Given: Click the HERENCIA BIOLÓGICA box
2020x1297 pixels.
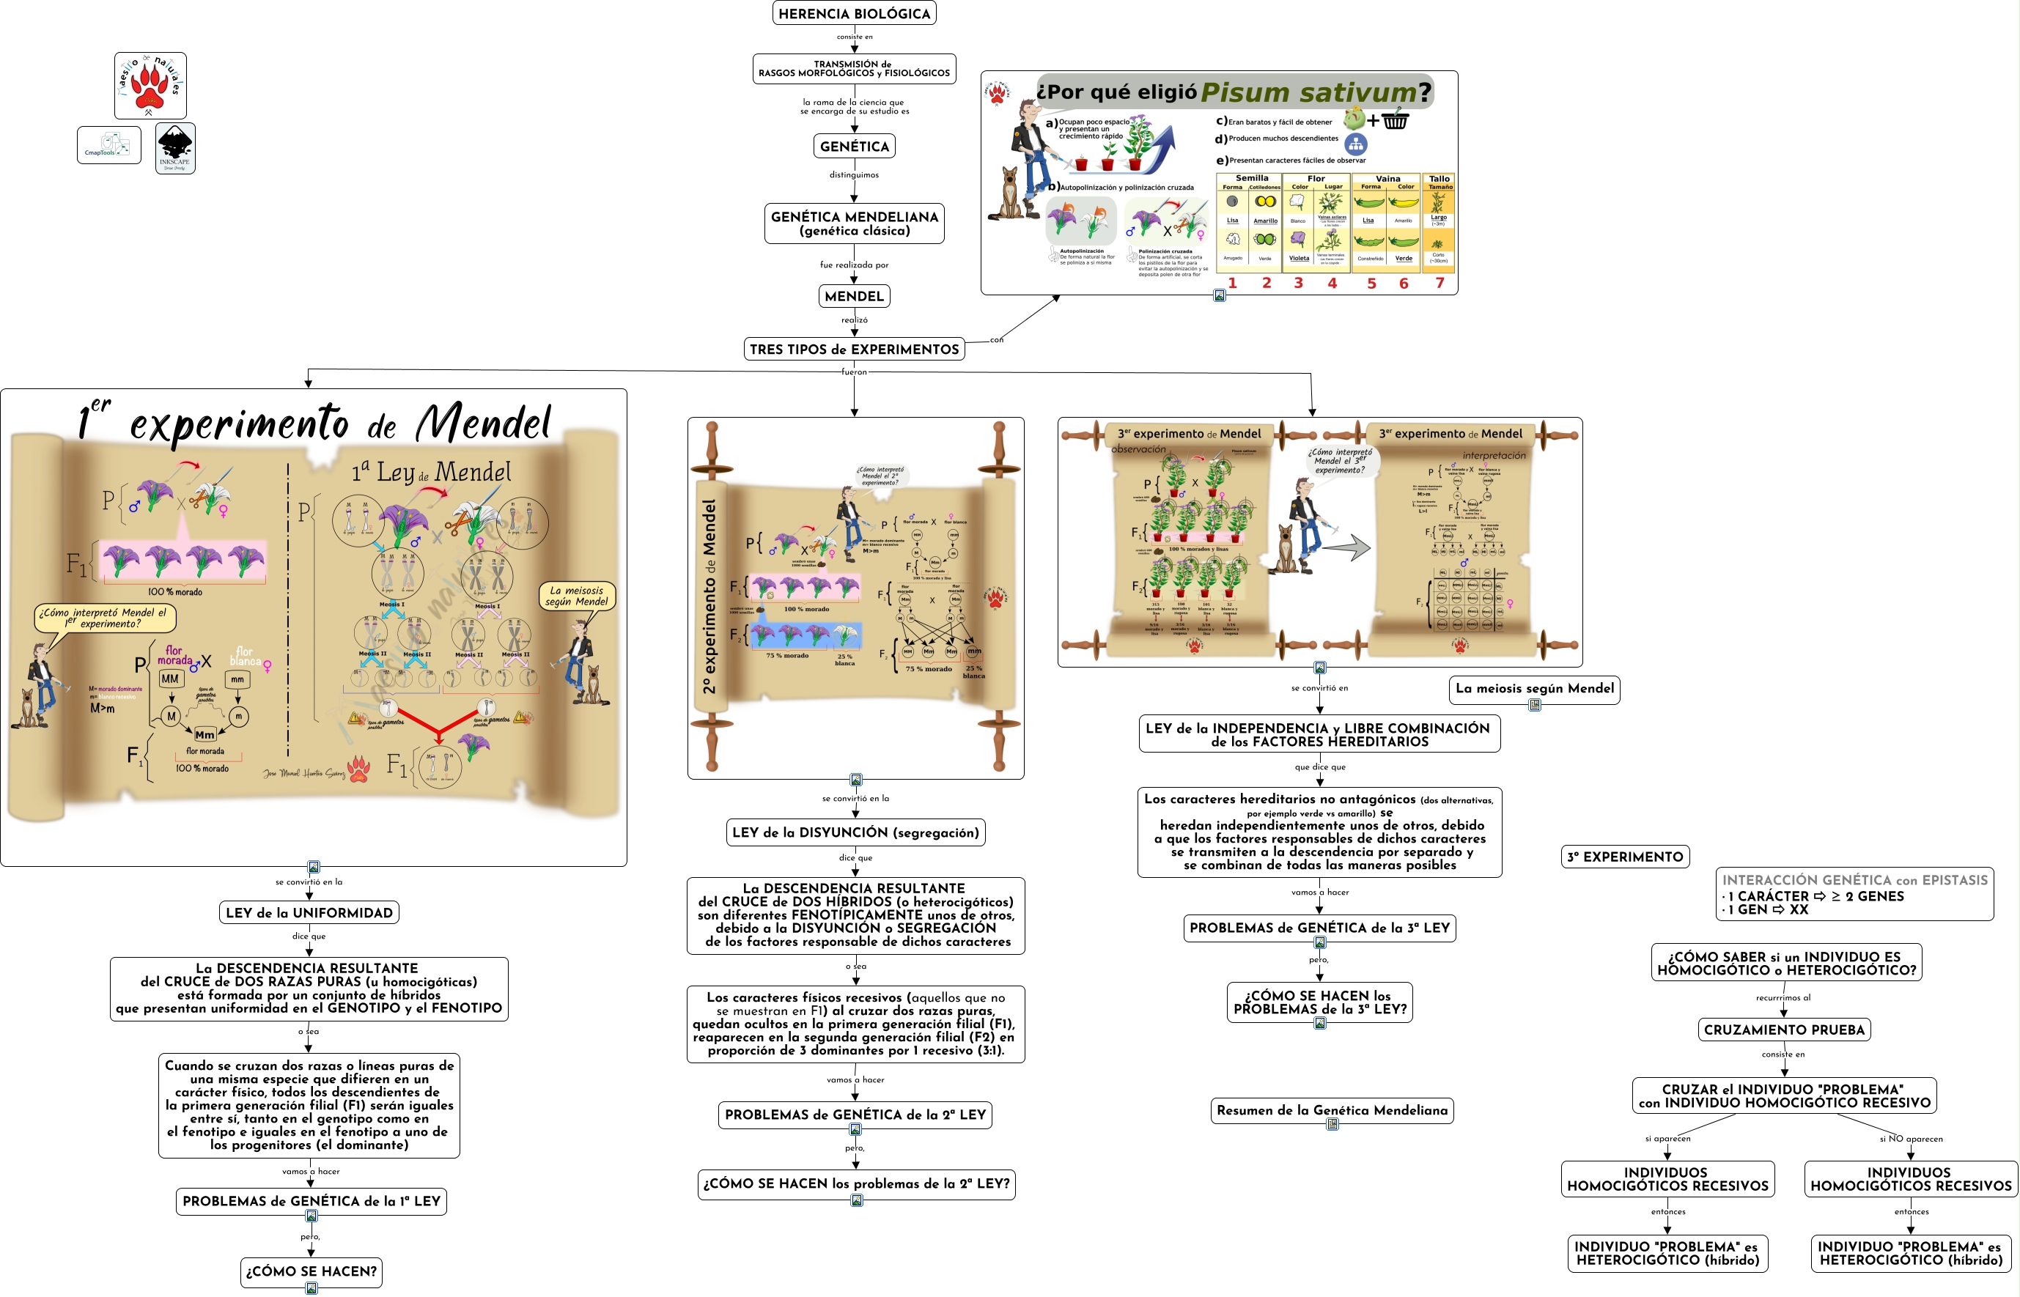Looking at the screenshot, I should coord(853,13).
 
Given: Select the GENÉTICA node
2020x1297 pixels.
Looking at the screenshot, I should coord(853,147).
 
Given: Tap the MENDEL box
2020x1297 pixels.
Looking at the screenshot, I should coord(853,297).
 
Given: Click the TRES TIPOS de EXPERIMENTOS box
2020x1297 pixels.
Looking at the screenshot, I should coord(853,350).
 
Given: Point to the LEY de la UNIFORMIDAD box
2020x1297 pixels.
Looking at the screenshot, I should coord(309,913).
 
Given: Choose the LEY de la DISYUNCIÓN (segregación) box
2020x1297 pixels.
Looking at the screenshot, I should coord(855,833).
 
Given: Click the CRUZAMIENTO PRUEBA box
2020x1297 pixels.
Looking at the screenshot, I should coord(1783,1030).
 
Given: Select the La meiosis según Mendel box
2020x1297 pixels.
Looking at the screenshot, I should coord(1534,689).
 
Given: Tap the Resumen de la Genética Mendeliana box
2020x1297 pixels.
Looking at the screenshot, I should coord(1332,1111).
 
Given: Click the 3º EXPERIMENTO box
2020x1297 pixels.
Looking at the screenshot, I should coord(1624,857).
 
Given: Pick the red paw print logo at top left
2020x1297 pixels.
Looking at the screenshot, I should coord(151,85).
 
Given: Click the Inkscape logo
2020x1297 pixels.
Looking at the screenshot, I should coord(175,148).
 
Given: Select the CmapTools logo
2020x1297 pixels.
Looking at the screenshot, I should coord(108,145).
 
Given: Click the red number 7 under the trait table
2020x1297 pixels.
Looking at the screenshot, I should coord(1439,283).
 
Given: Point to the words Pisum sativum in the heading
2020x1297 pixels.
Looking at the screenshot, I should coord(1308,92).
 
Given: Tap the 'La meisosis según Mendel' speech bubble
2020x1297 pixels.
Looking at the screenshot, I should coord(577,596).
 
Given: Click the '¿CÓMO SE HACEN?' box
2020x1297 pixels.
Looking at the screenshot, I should coord(311,1272).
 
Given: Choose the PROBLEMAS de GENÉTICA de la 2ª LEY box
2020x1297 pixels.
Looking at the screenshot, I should coord(855,1115).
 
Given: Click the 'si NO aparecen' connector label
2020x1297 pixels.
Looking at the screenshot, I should coord(1911,1139).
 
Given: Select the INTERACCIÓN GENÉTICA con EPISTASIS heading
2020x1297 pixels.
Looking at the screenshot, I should coord(1854,881).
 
